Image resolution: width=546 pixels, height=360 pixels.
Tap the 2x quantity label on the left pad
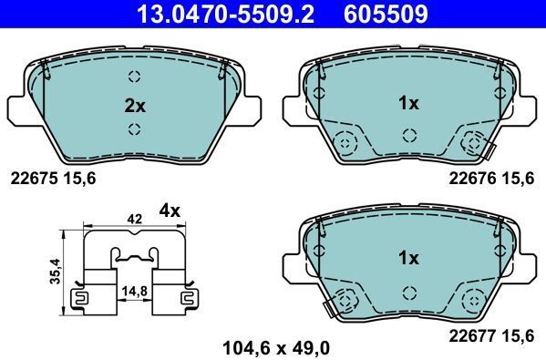click(x=135, y=105)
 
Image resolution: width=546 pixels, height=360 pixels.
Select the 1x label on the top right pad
click(x=408, y=104)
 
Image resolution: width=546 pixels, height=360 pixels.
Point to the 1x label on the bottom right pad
click(x=408, y=258)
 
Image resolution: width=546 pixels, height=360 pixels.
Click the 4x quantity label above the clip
click(x=170, y=211)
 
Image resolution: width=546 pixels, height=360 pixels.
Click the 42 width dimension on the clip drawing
click(x=134, y=219)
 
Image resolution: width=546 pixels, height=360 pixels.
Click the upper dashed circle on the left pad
click(x=135, y=77)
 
